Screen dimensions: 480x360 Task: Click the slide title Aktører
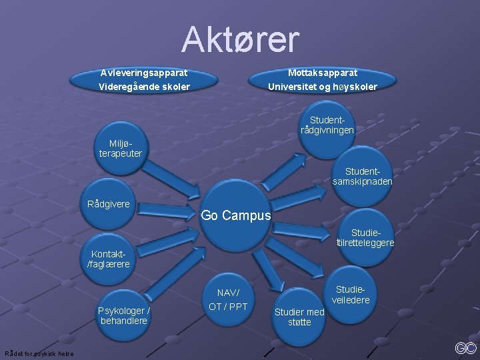pyautogui.click(x=241, y=40)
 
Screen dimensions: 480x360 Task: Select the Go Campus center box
pyautogui.click(x=236, y=215)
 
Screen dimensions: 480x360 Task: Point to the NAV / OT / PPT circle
pyautogui.click(x=228, y=300)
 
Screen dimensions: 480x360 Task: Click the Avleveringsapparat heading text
pyautogui.click(x=144, y=72)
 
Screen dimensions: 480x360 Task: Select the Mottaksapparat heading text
pyautogui.click(x=323, y=72)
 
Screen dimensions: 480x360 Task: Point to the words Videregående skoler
pyautogui.click(x=144, y=87)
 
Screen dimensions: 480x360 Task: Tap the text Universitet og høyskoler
pyautogui.click(x=323, y=87)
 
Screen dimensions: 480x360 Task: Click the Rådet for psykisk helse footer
pyautogui.click(x=39, y=353)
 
